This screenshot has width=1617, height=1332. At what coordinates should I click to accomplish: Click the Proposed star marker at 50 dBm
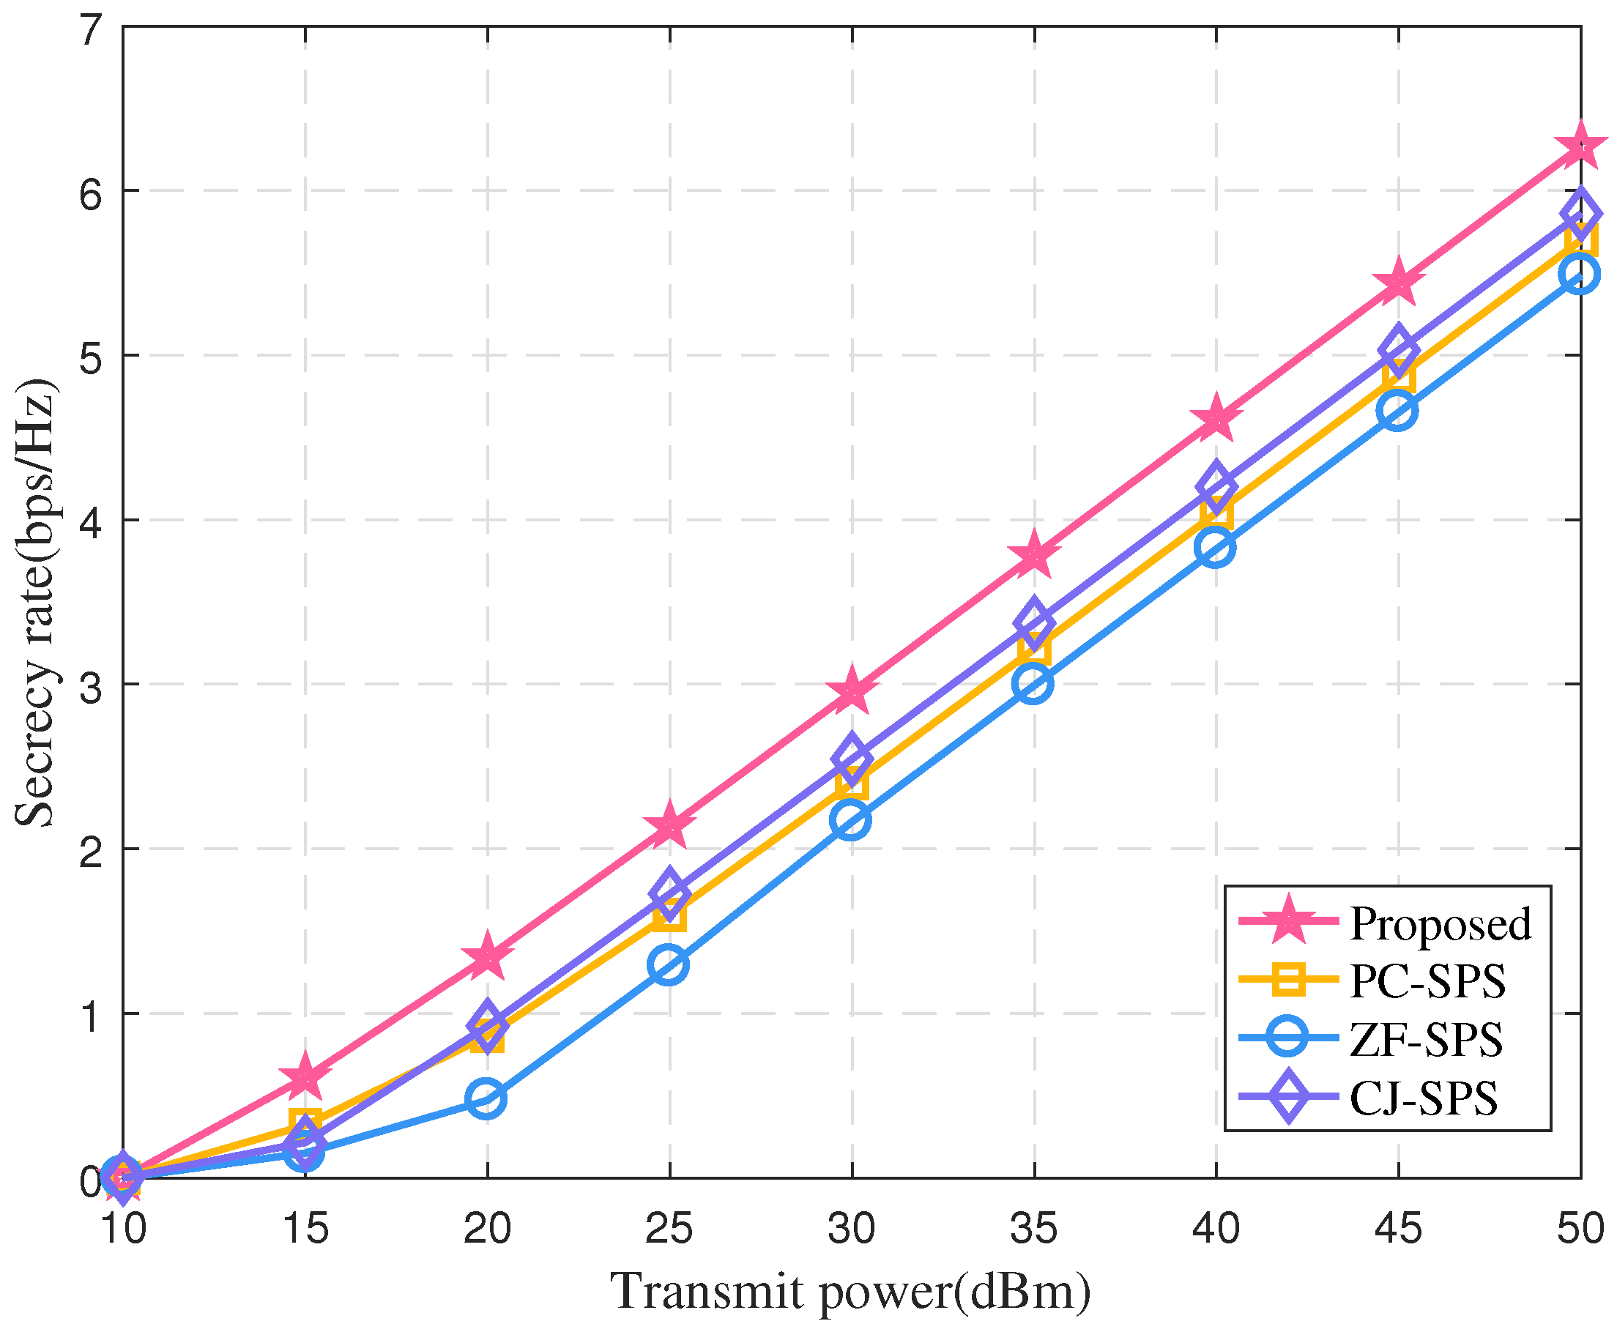coord(1580,146)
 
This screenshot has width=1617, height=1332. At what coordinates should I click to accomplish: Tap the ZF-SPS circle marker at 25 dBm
coord(669,964)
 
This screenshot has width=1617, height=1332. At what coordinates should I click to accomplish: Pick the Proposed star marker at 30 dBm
coord(851,691)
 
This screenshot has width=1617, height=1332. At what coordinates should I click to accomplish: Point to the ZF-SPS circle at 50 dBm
coord(1580,274)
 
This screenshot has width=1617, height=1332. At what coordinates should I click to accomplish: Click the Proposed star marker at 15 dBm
coord(305,1078)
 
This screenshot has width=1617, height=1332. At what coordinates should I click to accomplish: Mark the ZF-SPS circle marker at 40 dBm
coord(1216,547)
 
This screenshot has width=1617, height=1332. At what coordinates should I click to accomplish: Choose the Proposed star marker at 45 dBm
coord(1398,283)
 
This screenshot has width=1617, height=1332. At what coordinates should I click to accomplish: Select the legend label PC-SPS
coord(1427,981)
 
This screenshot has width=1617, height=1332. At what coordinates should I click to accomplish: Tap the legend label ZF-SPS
coord(1426,1040)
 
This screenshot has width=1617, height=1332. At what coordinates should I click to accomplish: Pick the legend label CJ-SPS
coord(1424,1098)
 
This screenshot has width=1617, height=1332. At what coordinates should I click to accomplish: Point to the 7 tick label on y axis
coord(91,31)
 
